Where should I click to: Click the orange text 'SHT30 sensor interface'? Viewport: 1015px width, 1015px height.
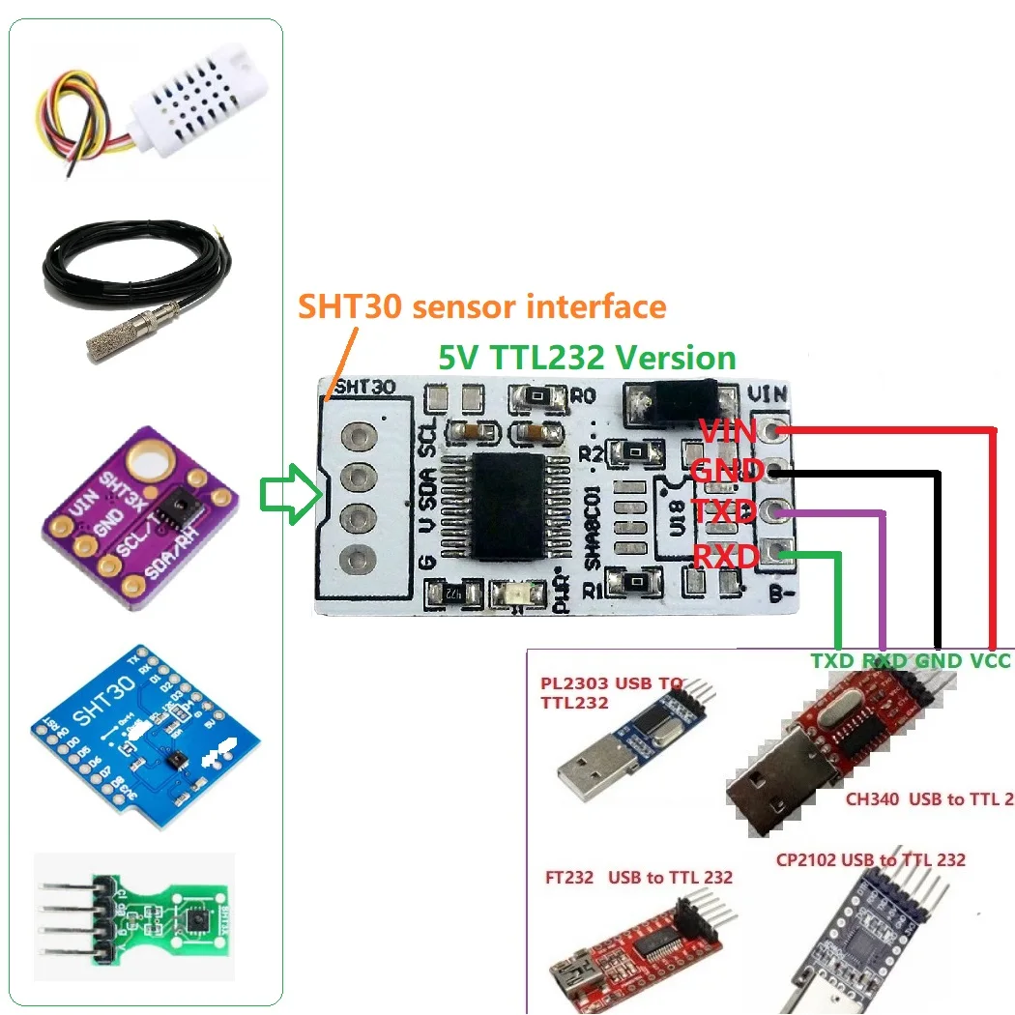click(481, 306)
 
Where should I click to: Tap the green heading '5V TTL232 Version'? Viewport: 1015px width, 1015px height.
click(587, 358)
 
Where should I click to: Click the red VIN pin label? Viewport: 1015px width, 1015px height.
click(728, 430)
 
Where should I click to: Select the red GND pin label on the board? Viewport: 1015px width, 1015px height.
click(727, 471)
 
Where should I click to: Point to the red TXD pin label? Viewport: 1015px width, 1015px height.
click(724, 511)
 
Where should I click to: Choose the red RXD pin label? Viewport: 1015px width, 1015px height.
click(726, 554)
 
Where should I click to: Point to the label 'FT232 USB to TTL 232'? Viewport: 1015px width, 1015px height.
click(638, 877)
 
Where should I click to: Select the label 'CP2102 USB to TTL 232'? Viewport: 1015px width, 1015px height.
click(870, 859)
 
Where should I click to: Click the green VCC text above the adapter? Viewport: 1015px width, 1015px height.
click(989, 660)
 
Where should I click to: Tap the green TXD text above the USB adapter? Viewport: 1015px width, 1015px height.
click(831, 660)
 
